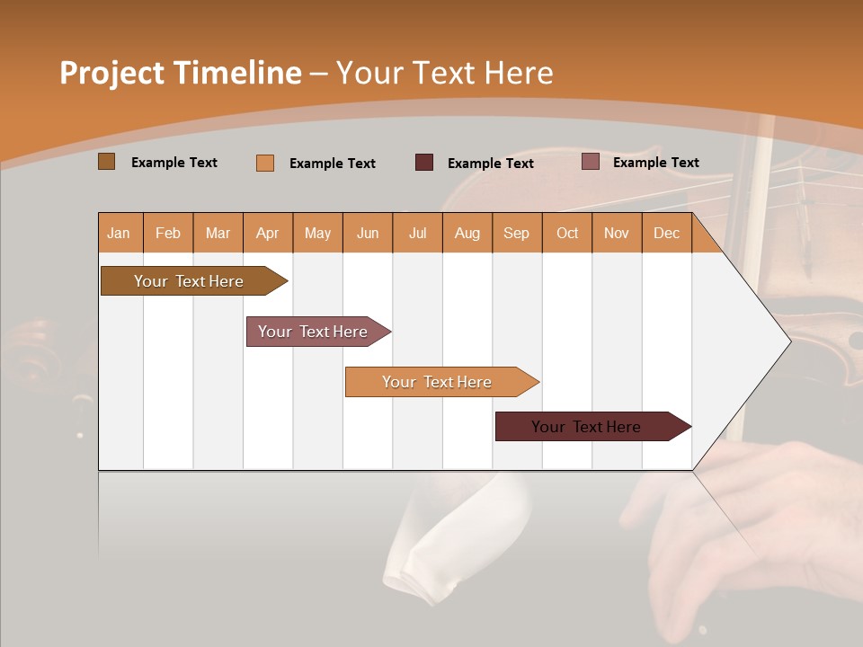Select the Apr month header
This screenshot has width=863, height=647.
pyautogui.click(x=268, y=233)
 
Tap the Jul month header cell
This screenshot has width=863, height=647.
pyautogui.click(x=418, y=233)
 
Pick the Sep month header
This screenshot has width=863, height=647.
pyautogui.click(x=517, y=233)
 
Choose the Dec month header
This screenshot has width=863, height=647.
pyautogui.click(x=666, y=233)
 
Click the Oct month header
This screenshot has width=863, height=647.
pyautogui.click(x=567, y=233)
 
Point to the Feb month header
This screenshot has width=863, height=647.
pyautogui.click(x=168, y=233)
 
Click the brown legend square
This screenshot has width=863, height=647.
pyautogui.click(x=107, y=162)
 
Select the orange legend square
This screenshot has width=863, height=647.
pyautogui.click(x=265, y=163)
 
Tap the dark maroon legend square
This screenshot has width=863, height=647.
pyautogui.click(x=424, y=163)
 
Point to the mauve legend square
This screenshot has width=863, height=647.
pyautogui.click(x=590, y=162)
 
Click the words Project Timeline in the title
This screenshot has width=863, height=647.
pyautogui.click(x=180, y=73)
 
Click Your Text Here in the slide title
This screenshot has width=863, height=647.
pyautogui.click(x=444, y=73)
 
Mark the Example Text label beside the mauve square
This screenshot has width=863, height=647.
pyautogui.click(x=655, y=163)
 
